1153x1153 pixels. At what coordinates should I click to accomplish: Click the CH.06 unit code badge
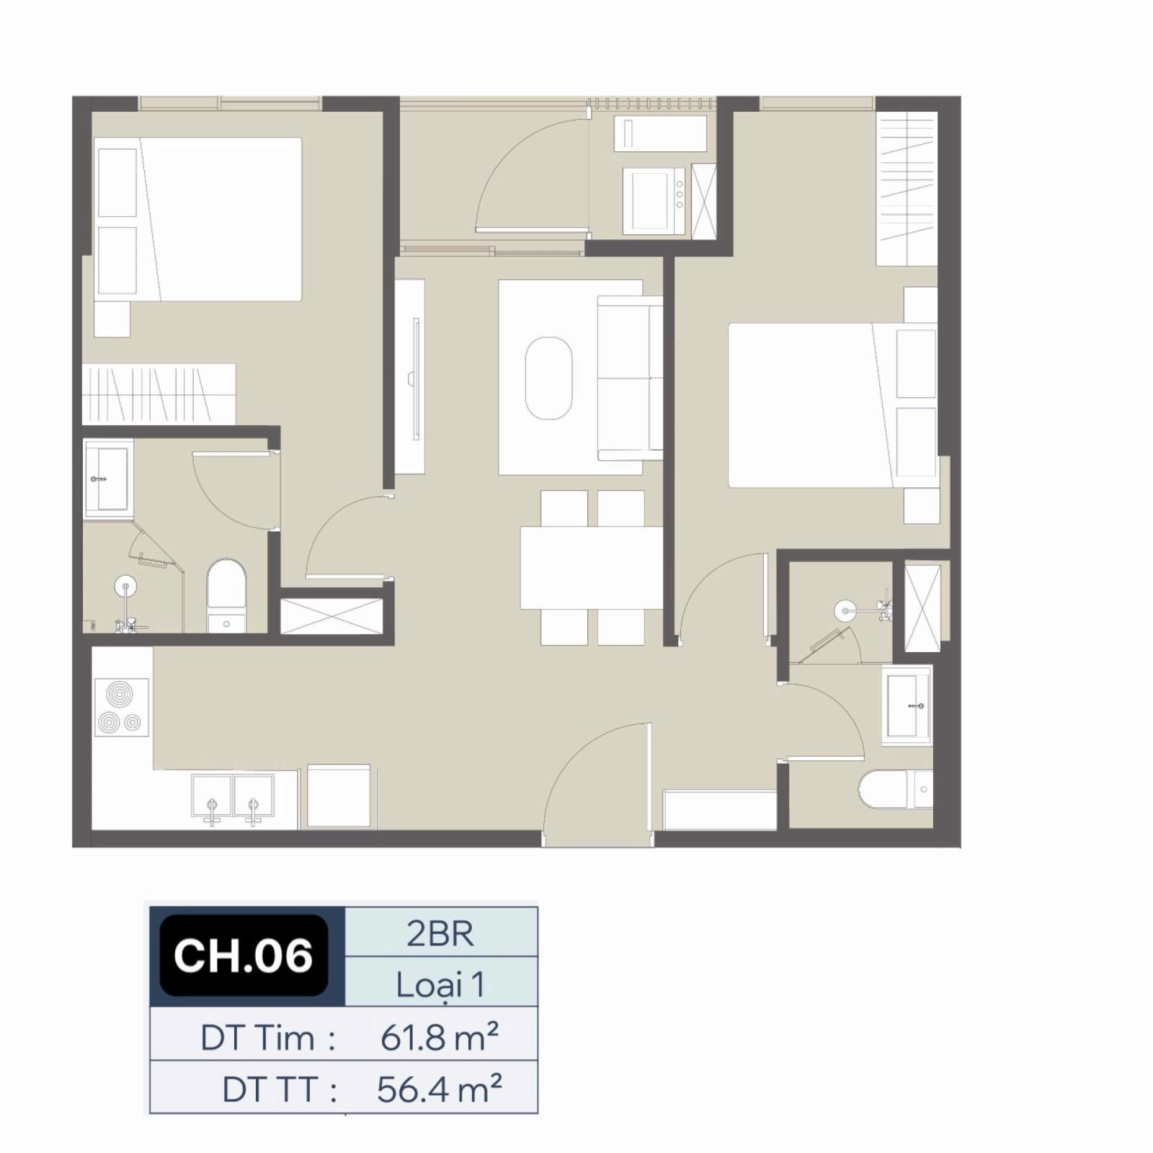(x=244, y=955)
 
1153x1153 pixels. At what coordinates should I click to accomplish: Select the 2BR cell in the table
(x=441, y=932)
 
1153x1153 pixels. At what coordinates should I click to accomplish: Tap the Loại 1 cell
(x=441, y=983)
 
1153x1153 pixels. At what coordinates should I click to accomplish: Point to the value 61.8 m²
(x=439, y=1038)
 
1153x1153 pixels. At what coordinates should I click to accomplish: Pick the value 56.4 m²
(x=439, y=1089)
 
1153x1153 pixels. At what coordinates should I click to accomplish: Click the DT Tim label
(x=267, y=1038)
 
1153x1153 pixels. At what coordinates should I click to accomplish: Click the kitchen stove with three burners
(x=121, y=708)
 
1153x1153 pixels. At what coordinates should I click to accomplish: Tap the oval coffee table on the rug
(x=549, y=378)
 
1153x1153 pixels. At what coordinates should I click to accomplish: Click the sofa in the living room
(x=630, y=378)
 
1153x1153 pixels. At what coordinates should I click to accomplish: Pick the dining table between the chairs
(x=592, y=568)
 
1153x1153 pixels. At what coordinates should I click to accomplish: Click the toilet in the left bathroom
(x=226, y=597)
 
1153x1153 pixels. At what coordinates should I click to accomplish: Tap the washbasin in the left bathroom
(x=109, y=478)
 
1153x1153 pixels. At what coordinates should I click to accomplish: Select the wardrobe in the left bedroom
(x=159, y=394)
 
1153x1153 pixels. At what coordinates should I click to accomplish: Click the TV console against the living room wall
(x=409, y=377)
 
